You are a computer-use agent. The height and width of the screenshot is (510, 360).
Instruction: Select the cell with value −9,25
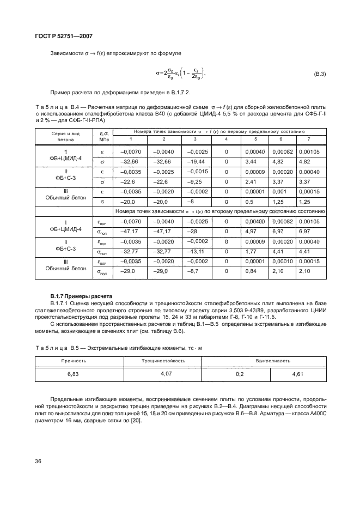pos(195,182)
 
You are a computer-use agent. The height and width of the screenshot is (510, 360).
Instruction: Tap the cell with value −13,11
pos(195,251)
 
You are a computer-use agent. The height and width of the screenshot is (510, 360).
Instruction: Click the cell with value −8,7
pos(195,271)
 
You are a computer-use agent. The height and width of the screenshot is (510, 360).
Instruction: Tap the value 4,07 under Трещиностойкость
pos(163,374)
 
